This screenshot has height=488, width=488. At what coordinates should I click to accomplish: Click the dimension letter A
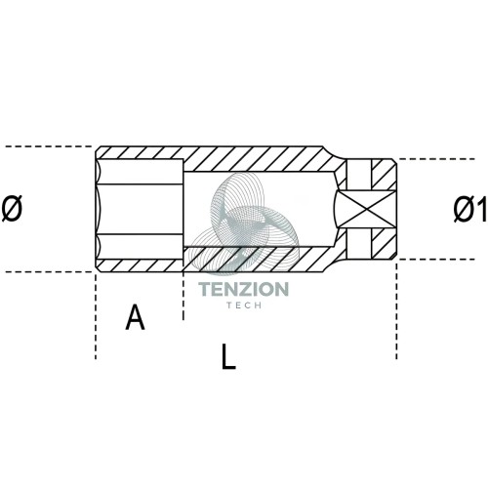click(x=135, y=317)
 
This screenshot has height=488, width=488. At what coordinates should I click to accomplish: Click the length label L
click(x=228, y=356)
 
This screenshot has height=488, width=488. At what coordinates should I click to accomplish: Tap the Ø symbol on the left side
click(x=12, y=209)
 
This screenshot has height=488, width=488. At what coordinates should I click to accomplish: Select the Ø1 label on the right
click(x=469, y=209)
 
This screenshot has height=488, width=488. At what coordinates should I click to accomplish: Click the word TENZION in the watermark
click(x=244, y=289)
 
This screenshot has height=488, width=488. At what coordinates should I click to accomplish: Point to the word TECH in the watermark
click(x=244, y=305)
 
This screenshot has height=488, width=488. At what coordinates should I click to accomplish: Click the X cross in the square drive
click(x=367, y=209)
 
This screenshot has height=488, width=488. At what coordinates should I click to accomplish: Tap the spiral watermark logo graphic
click(x=244, y=223)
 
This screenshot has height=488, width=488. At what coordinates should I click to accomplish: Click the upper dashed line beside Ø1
click(x=436, y=159)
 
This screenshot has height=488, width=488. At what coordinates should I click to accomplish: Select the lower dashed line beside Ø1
click(x=436, y=260)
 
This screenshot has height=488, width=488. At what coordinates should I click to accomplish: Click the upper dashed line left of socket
click(x=49, y=146)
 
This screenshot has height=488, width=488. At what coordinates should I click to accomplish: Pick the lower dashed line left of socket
click(x=49, y=271)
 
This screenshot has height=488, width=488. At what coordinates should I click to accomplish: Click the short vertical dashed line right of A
click(x=183, y=296)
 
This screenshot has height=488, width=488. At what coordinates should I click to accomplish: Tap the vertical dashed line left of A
click(x=96, y=316)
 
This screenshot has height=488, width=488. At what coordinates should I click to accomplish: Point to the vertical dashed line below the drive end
click(x=396, y=310)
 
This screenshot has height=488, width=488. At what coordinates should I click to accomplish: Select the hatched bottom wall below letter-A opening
click(x=140, y=265)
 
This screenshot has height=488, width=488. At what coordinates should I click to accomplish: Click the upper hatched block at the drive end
click(x=384, y=175)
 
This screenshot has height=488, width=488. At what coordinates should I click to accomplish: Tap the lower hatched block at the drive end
click(x=384, y=244)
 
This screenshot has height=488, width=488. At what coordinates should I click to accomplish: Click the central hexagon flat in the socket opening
click(x=140, y=209)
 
